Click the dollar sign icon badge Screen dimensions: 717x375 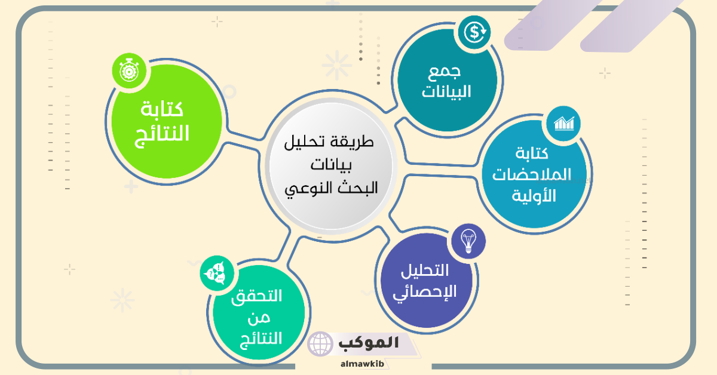pos(474,32)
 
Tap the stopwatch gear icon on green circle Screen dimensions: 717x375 pos(129,71)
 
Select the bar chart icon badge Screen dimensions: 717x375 pos(563,123)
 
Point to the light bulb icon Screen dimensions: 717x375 pos(468,241)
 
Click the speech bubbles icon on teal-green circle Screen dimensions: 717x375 pos(217,273)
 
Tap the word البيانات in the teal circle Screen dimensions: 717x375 pos(446,92)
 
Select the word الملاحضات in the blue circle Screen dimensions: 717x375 pos(531,174)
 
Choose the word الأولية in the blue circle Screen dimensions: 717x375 pos(534,195)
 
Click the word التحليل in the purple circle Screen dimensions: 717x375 pos(425,271)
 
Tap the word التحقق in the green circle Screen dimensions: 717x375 pos(256,297)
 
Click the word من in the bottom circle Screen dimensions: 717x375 pos(259,318)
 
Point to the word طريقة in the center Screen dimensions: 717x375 pos(350,142)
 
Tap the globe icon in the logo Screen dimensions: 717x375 pos(320,344)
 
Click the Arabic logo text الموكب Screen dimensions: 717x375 pos(369,343)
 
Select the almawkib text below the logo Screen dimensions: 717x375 pos(362,364)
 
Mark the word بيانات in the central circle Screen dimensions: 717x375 pos(331,165)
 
